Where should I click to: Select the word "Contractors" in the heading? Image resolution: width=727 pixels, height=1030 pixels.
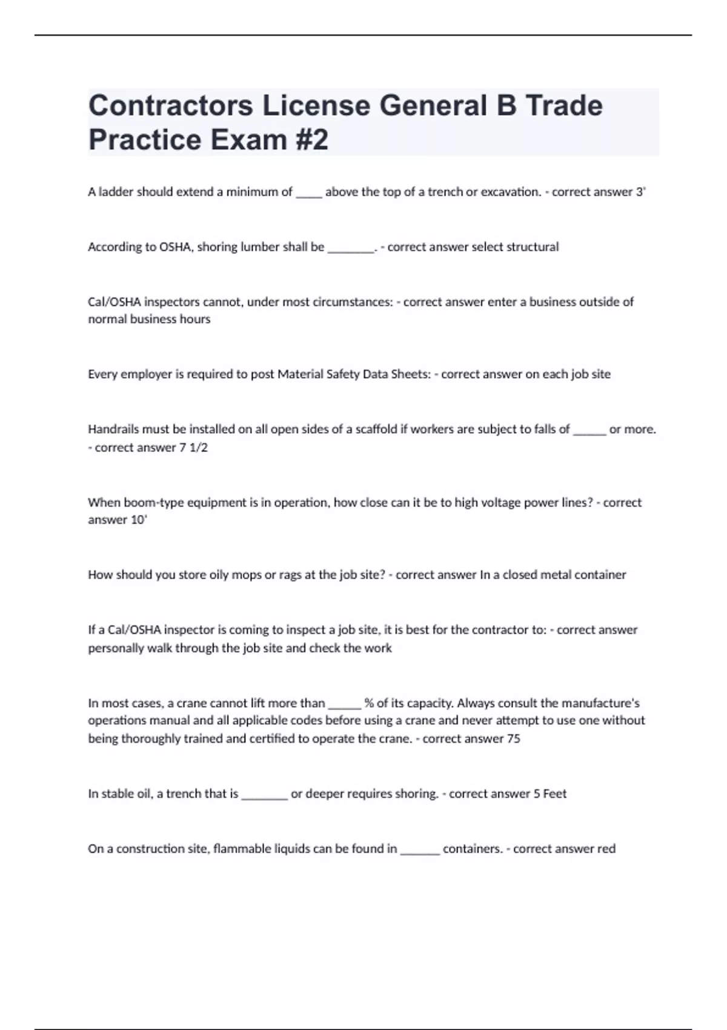tap(170, 105)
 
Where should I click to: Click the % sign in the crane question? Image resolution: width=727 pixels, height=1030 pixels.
tap(369, 703)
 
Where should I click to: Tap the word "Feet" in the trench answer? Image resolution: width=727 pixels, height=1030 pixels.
tap(554, 794)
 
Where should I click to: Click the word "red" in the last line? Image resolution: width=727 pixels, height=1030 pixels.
tap(606, 849)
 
